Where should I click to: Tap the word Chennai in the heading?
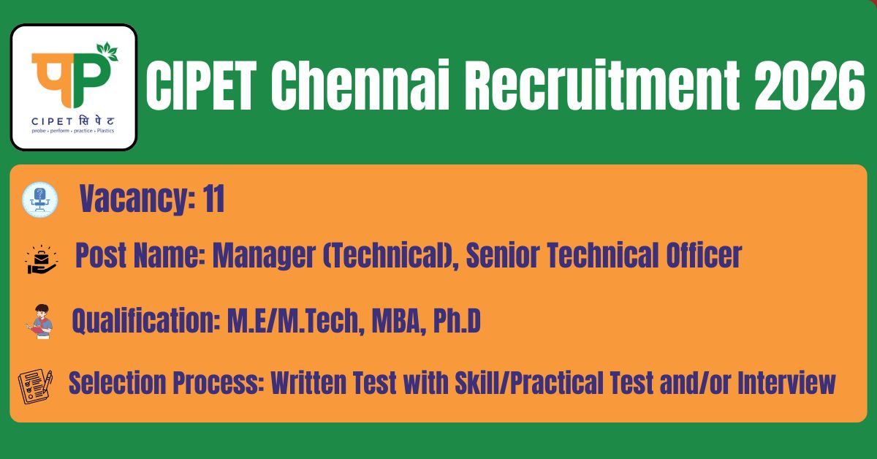click(x=360, y=85)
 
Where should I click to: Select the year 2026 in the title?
click(x=810, y=86)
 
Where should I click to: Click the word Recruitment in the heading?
click(x=602, y=85)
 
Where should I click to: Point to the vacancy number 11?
click(x=213, y=199)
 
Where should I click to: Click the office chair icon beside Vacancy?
click(x=40, y=200)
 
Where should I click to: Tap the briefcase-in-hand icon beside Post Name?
click(x=42, y=259)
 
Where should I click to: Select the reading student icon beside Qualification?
click(x=39, y=321)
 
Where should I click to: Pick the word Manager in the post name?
click(x=264, y=255)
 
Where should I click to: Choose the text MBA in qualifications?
click(x=396, y=321)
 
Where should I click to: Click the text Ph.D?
click(x=457, y=321)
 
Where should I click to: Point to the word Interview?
click(x=787, y=382)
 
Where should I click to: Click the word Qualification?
click(x=145, y=321)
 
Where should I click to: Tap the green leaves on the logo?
click(x=107, y=51)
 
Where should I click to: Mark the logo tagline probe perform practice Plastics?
click(x=73, y=131)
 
